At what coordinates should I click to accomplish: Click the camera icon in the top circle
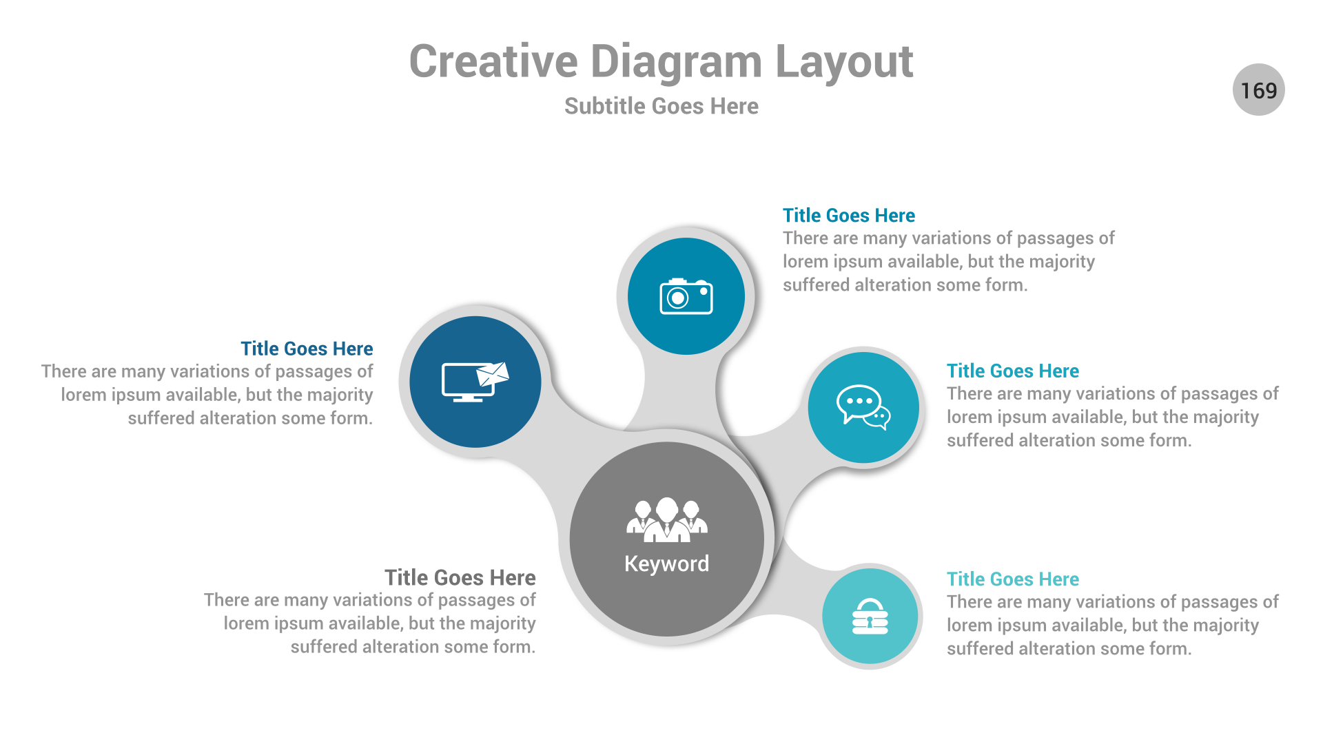pyautogui.click(x=686, y=296)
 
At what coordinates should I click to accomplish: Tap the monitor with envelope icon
pyautogui.click(x=474, y=382)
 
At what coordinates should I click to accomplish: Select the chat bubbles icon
pyautogui.click(x=863, y=406)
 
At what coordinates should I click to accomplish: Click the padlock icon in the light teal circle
pyautogui.click(x=870, y=616)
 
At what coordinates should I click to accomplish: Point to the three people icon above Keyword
pyautogui.click(x=666, y=520)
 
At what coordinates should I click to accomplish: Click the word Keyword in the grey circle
pyautogui.click(x=666, y=564)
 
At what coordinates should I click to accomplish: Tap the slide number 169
pyautogui.click(x=1258, y=90)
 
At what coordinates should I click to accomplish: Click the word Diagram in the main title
pyautogui.click(x=676, y=62)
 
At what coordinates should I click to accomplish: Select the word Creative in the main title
pyautogui.click(x=493, y=62)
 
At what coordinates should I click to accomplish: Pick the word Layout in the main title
pyautogui.click(x=844, y=62)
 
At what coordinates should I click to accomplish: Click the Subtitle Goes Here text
pyautogui.click(x=661, y=106)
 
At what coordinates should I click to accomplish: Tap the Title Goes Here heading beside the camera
pyautogui.click(x=848, y=216)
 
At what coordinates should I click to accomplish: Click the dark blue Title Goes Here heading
pyautogui.click(x=307, y=349)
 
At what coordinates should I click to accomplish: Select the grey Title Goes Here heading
pyautogui.click(x=460, y=577)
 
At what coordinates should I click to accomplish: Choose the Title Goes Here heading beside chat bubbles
pyautogui.click(x=1012, y=371)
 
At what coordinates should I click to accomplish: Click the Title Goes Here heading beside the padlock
pyautogui.click(x=1012, y=579)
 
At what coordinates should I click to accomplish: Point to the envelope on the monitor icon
pyautogui.click(x=493, y=374)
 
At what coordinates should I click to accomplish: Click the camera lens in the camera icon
pyautogui.click(x=678, y=298)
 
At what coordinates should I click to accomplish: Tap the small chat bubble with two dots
pyautogui.click(x=879, y=417)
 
